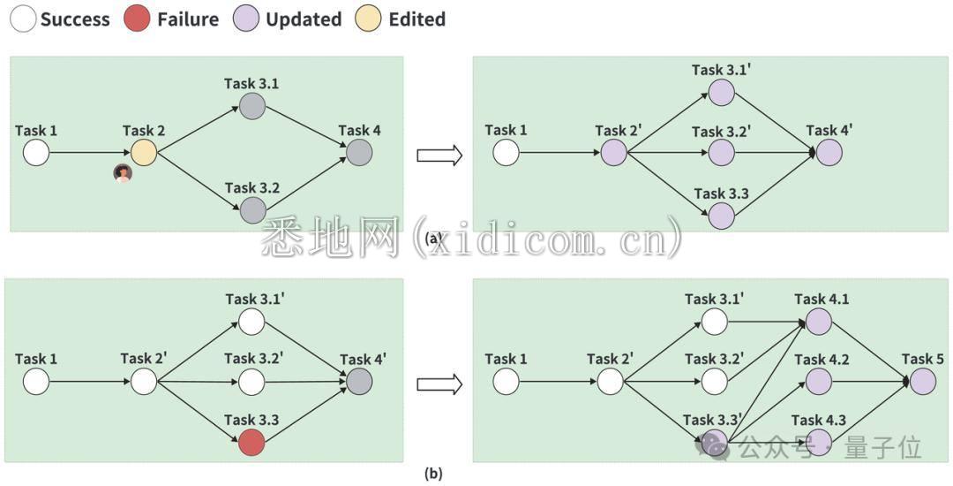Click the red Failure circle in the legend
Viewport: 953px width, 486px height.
point(137,19)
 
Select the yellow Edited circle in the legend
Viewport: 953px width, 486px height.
point(368,19)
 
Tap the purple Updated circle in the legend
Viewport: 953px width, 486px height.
point(246,19)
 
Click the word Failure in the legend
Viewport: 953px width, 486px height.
point(188,19)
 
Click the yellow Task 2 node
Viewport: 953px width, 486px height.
point(144,153)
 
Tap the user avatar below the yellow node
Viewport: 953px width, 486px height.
point(123,173)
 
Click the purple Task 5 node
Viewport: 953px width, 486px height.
point(923,382)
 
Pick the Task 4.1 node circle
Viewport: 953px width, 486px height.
point(819,322)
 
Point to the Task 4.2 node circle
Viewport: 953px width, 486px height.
point(819,382)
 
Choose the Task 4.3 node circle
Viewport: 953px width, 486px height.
point(819,442)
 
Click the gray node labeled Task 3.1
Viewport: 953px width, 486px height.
point(251,106)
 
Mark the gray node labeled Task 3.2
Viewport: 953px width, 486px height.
point(252,210)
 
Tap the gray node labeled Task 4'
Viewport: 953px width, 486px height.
point(359,382)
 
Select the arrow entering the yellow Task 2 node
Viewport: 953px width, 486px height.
point(90,153)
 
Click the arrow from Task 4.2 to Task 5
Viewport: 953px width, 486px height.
point(871,382)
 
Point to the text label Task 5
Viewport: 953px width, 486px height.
point(923,359)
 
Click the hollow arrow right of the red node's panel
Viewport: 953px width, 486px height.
point(439,384)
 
